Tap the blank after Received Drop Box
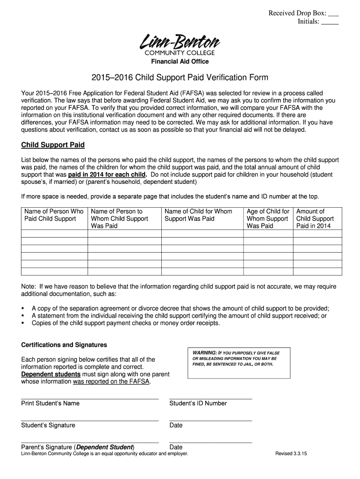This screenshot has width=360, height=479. click(x=334, y=14)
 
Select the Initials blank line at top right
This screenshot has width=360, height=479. click(x=330, y=22)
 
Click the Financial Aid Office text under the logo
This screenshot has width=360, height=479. click(x=180, y=62)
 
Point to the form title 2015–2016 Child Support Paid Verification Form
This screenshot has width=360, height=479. click(x=180, y=77)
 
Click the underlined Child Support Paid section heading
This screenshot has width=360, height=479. click(x=53, y=145)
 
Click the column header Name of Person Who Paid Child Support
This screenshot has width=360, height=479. click(x=54, y=215)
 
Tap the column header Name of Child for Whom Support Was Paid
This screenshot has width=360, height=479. click(x=198, y=215)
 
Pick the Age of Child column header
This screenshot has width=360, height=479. click(x=268, y=218)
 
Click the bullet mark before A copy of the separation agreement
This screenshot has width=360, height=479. click(x=23, y=308)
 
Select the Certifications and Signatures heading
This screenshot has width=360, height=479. click(x=64, y=345)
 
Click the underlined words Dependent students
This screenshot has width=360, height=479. click(x=50, y=374)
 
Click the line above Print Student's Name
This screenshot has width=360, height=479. click(x=90, y=399)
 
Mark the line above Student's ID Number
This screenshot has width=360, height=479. click(x=210, y=399)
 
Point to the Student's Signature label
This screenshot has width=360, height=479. click(x=48, y=425)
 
